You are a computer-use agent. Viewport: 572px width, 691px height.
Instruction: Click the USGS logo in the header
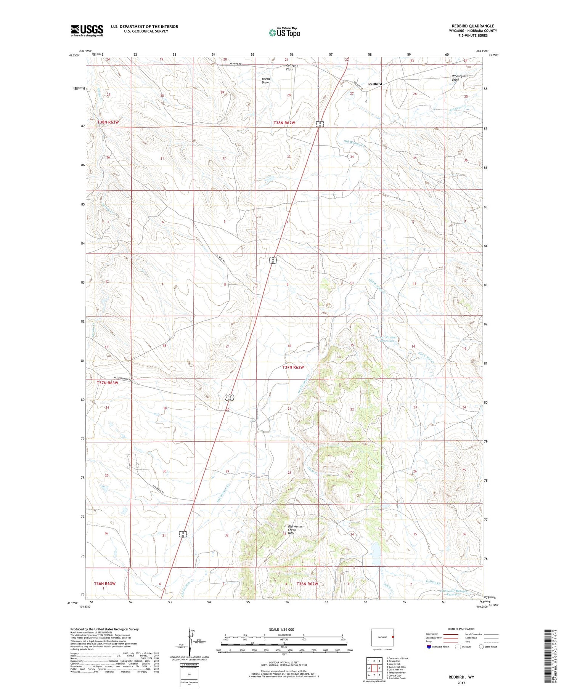point(87,30)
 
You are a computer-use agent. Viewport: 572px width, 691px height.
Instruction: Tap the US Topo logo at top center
point(284,33)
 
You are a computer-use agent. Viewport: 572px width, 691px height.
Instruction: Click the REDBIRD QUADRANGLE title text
point(473,26)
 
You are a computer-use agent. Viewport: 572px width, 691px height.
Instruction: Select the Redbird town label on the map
point(375,84)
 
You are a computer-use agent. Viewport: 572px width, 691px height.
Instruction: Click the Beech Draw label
point(265,80)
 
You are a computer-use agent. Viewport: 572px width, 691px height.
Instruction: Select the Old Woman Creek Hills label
point(296,530)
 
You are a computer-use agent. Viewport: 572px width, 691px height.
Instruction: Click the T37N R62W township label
point(293,367)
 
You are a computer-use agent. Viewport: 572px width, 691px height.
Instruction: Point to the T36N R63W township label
point(104,584)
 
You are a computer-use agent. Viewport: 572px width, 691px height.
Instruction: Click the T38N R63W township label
point(108,122)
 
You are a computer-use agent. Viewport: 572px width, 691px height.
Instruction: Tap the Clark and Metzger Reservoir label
point(453,593)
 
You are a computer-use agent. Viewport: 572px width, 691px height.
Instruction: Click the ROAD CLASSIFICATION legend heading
point(461,629)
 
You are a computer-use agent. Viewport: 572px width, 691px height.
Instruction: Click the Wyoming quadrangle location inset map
point(382,637)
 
